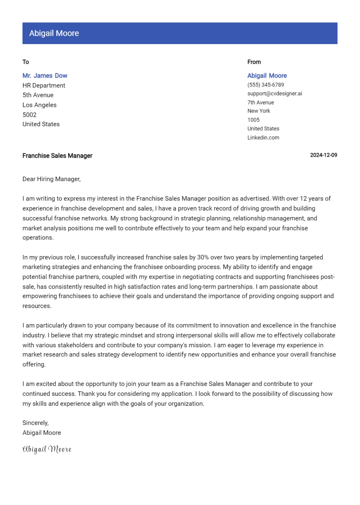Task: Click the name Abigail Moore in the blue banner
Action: pyautogui.click(x=54, y=33)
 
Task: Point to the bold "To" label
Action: pyautogui.click(x=26, y=62)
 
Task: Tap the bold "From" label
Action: pyautogui.click(x=254, y=62)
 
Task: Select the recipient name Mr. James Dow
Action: pyautogui.click(x=45, y=76)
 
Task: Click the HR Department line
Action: pyautogui.click(x=44, y=85)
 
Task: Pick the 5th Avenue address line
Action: pyautogui.click(x=38, y=95)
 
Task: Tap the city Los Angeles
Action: pyautogui.click(x=39, y=105)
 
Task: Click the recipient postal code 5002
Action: pyautogui.click(x=29, y=115)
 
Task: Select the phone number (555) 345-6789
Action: pyautogui.click(x=266, y=85)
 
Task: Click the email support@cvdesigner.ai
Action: pyautogui.click(x=275, y=94)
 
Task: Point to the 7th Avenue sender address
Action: pyautogui.click(x=260, y=103)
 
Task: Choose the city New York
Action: pyautogui.click(x=259, y=111)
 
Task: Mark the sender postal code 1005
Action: pyautogui.click(x=253, y=120)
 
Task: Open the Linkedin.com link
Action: pyautogui.click(x=263, y=138)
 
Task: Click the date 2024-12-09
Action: pyautogui.click(x=324, y=155)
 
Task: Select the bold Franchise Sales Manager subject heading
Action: pyautogui.click(x=57, y=156)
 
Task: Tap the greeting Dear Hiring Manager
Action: pyautogui.click(x=51, y=179)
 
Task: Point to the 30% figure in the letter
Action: pyautogui.click(x=203, y=257)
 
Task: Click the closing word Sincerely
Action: pyautogui.click(x=35, y=423)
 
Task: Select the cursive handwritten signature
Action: pyautogui.click(x=47, y=449)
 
